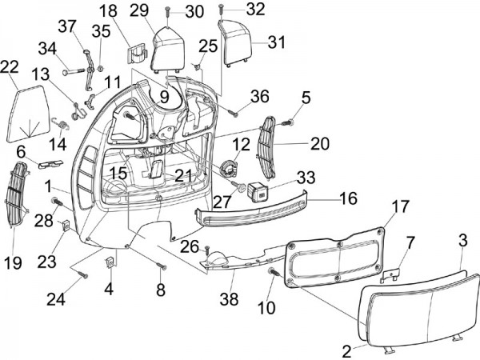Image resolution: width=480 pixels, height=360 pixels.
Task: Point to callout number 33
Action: tap(284, 176)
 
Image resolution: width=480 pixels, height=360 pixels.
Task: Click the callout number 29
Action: tap(138, 10)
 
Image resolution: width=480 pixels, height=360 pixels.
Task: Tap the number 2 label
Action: tap(346, 350)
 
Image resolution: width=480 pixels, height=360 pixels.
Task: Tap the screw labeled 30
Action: tap(170, 11)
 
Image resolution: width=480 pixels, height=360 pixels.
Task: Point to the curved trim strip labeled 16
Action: tap(256, 210)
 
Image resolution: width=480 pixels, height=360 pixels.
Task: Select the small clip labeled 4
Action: tap(108, 261)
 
